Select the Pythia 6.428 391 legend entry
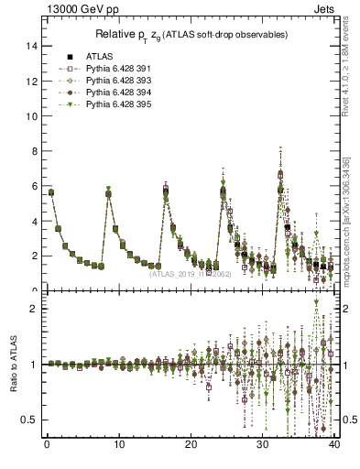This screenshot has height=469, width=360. [x=108, y=68]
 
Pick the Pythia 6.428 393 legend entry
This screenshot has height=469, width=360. [x=108, y=80]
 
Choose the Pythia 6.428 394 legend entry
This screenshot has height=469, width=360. [x=108, y=93]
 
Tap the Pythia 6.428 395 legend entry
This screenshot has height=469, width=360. [x=108, y=104]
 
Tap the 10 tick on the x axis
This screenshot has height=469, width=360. [x=118, y=446]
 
